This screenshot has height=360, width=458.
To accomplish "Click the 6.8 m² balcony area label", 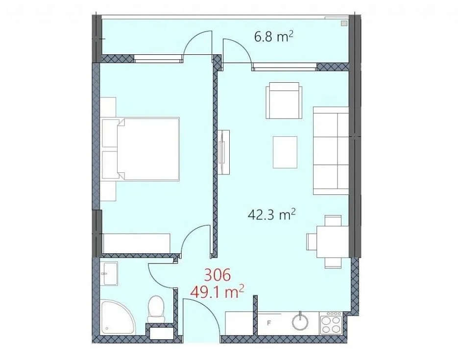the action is (274, 37).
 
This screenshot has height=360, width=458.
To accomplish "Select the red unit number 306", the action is (217, 275).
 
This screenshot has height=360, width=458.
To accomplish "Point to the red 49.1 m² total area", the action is (217, 292).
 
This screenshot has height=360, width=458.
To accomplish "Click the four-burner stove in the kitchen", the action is (331, 323).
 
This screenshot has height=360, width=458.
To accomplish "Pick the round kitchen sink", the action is (300, 321).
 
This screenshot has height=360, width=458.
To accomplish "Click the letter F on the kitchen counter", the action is (269, 323).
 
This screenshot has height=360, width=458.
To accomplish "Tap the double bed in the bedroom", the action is (141, 149).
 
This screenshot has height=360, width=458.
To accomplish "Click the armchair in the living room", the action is (284, 100).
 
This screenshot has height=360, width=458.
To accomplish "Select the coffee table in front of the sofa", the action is (285, 152).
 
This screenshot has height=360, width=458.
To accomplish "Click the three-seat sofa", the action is (331, 151).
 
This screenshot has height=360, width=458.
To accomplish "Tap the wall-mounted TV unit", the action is (224, 152).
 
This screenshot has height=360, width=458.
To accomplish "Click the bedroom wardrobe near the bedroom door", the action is (136, 243).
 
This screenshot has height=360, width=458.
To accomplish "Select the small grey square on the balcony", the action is (344, 24).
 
